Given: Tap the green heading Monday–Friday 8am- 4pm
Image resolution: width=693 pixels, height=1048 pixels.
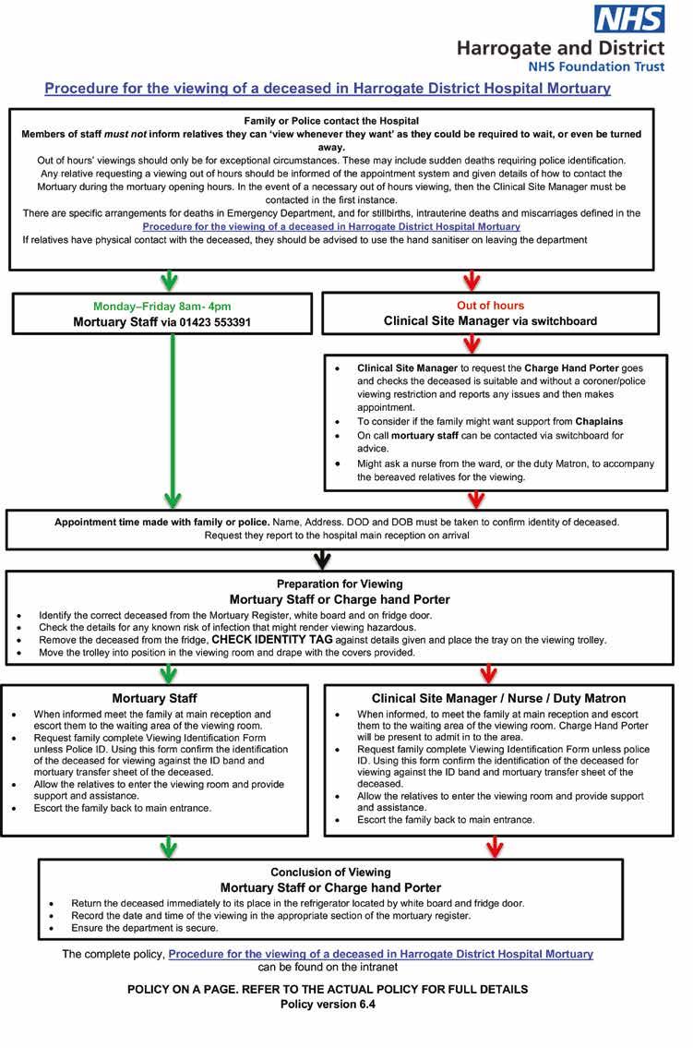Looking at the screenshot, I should tap(161, 306).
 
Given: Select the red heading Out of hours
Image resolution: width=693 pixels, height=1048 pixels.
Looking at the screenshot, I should tap(490, 306).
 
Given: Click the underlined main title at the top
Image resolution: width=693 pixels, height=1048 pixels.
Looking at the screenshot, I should tap(328, 89).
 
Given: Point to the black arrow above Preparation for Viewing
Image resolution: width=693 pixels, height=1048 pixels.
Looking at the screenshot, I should tap(322, 560).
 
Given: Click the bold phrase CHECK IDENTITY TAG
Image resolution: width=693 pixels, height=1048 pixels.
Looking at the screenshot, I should tap(274, 639).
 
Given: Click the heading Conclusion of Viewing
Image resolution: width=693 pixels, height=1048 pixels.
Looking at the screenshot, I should tap(330, 872).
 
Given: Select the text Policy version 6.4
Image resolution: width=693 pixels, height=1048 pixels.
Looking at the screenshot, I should tap(328, 1006).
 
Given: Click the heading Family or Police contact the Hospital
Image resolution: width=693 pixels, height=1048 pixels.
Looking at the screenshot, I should tap(331, 121).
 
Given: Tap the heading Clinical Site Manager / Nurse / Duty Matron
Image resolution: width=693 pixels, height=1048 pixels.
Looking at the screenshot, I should tap(498, 698).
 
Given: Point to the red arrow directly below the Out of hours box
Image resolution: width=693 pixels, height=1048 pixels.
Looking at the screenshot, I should tap(472, 345).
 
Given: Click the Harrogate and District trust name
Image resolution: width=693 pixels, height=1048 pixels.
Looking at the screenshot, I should tap(561, 48).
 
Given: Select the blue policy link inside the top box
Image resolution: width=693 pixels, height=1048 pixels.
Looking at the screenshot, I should tap(331, 226).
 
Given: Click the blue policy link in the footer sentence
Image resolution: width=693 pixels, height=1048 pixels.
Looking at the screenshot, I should tap(380, 954).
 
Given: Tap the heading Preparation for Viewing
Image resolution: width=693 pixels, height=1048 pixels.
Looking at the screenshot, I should tap(340, 584).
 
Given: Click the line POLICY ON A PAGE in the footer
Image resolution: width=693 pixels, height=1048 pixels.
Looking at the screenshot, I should tap(328, 989).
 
